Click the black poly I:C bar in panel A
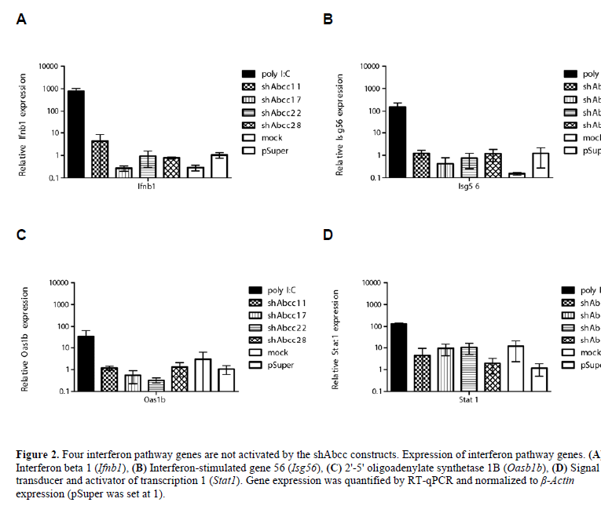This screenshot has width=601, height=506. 76,133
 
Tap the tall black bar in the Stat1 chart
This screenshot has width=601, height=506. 398,356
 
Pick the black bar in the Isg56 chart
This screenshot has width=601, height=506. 398,141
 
